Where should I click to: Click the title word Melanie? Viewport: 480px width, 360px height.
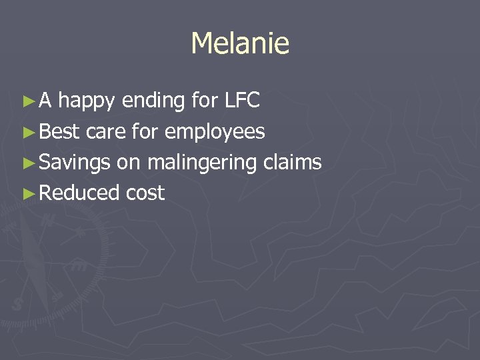coord(240,44)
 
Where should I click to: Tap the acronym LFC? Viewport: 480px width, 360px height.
coord(242,101)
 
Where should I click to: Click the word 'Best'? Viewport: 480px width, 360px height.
coord(60,131)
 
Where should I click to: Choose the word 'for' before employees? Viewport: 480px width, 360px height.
coord(145,131)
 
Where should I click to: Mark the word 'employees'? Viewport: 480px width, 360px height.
coord(215,133)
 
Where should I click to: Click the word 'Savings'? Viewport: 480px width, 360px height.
coord(75,163)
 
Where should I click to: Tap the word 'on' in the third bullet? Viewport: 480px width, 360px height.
coord(129,163)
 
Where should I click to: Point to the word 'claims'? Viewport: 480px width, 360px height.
coord(293,162)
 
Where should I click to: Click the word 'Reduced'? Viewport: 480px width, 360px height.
coord(79,193)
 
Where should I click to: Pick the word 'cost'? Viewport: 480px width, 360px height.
coord(145,193)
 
